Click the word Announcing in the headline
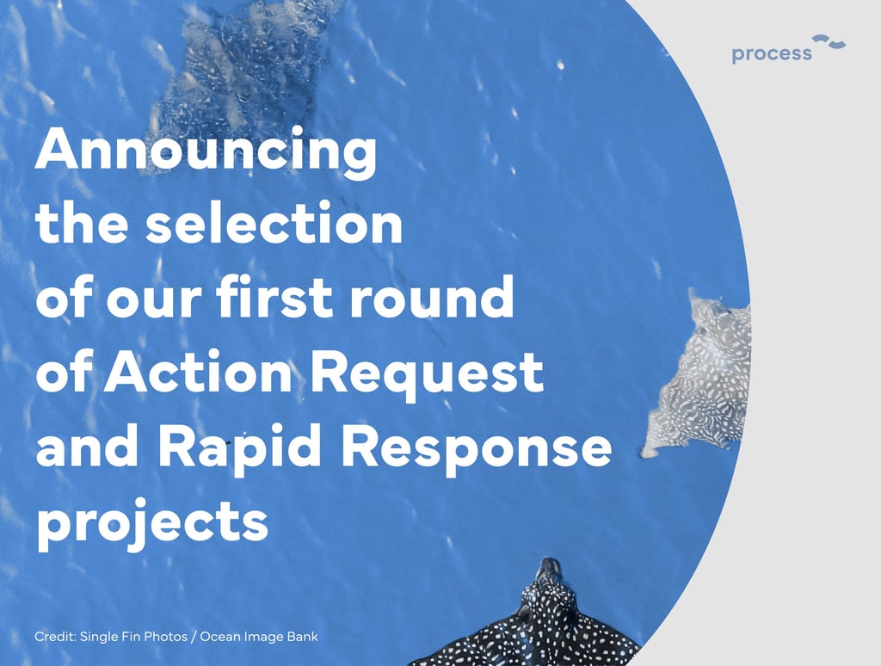point(206,151)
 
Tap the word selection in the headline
point(274,223)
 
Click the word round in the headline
point(432,298)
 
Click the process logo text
point(772,54)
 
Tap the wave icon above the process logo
point(829,41)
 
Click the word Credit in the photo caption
point(55,636)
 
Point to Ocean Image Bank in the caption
point(258,637)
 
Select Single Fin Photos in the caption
point(133,637)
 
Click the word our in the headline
point(153,302)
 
